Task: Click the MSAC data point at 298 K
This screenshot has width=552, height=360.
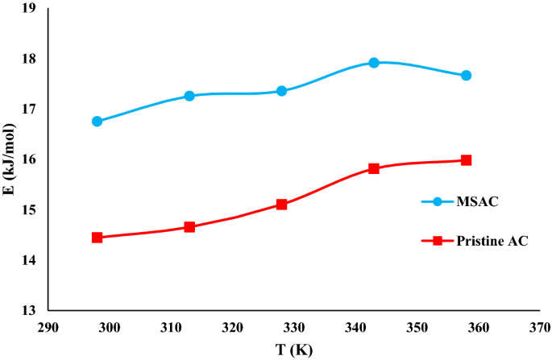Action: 98,122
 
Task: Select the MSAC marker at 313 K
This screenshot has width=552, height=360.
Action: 189,96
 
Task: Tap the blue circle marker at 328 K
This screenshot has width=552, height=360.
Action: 282,91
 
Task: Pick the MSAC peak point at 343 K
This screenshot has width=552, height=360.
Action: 374,63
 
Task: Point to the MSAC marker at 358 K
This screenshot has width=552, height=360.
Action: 466,76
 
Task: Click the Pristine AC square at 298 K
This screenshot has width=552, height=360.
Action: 98,238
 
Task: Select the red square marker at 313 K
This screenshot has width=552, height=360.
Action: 189,227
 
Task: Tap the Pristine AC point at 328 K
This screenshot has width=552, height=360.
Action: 282,205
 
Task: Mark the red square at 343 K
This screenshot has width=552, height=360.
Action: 374,168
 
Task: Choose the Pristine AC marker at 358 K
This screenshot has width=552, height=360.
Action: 466,160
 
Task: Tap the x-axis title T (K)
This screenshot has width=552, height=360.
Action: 293,350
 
